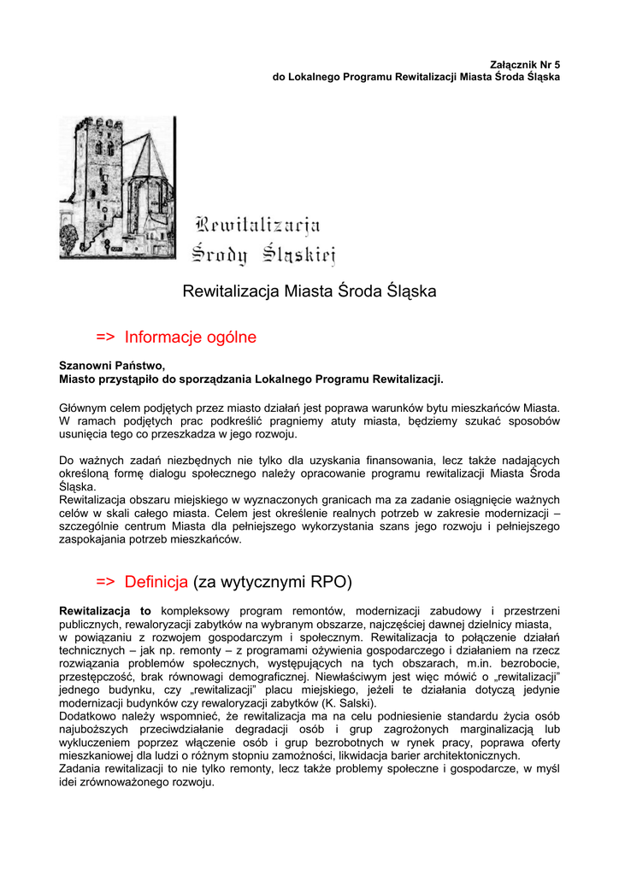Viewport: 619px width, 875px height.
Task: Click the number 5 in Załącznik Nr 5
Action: (557, 64)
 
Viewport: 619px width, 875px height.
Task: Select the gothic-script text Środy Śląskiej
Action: (263, 253)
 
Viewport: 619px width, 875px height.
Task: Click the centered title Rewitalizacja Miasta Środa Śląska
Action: (309, 291)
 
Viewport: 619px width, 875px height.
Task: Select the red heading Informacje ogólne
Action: (191, 338)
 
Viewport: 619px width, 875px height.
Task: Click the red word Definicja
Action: (156, 584)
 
